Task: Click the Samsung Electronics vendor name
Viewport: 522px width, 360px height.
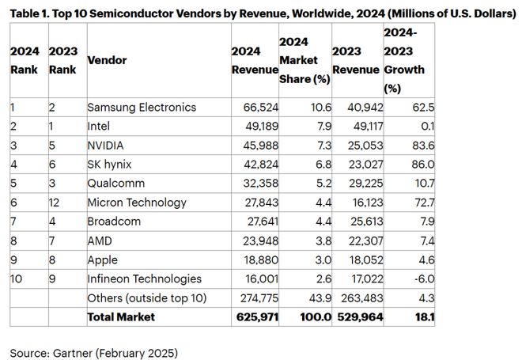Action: pos(141,107)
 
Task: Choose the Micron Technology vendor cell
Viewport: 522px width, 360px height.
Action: pos(135,203)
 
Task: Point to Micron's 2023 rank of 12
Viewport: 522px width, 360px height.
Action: pos(56,203)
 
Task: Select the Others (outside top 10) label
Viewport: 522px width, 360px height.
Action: pos(147,297)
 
